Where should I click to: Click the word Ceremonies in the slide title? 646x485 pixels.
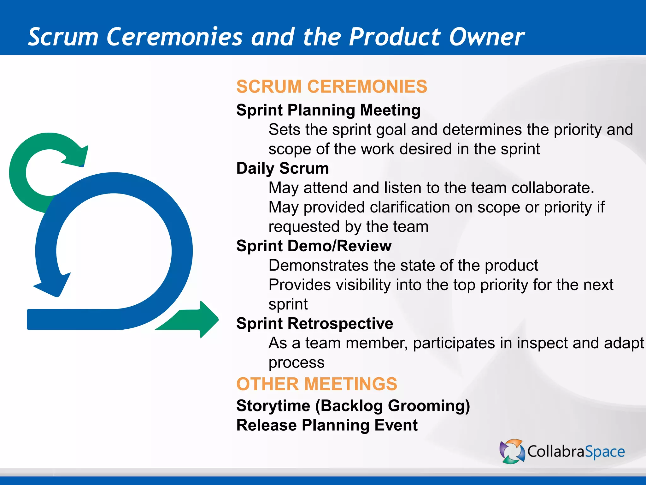click(174, 37)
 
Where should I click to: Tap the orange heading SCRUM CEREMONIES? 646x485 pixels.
click(332, 87)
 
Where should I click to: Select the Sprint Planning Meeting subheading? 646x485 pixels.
click(328, 110)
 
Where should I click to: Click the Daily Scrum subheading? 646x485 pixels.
click(282, 168)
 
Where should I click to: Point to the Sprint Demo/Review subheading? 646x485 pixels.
click(314, 246)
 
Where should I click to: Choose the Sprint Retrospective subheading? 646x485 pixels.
click(314, 324)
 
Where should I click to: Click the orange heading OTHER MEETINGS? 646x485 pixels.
click(316, 384)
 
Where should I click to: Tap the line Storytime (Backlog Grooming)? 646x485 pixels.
click(353, 406)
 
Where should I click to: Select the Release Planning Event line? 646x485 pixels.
click(326, 425)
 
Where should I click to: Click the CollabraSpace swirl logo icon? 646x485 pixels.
click(512, 452)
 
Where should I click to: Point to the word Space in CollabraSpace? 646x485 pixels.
click(605, 452)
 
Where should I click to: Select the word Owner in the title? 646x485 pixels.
click(486, 37)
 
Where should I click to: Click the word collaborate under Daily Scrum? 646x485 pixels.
click(552, 188)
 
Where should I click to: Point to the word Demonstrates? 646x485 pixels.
click(318, 266)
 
